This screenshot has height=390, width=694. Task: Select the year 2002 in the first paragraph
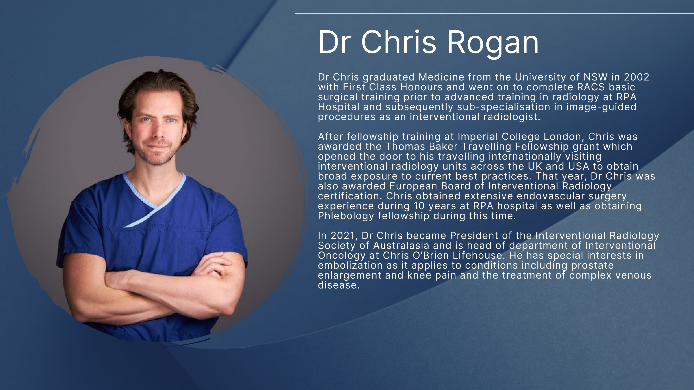point(637,77)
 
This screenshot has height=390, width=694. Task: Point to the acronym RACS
point(591,87)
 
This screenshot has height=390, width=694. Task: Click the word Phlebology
point(346,216)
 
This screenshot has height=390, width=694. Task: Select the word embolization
point(350,266)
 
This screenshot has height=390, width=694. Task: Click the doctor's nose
point(158,131)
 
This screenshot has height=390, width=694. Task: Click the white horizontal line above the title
point(494,13)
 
